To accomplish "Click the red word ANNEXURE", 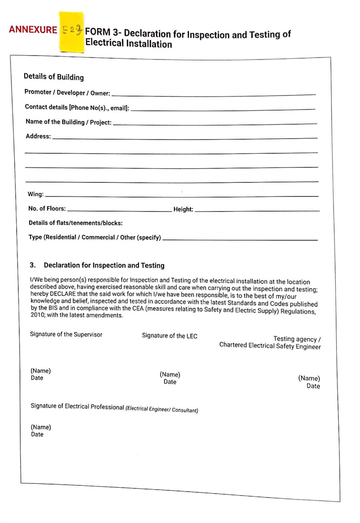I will tap(33, 30).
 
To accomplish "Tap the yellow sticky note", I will tap(71, 32).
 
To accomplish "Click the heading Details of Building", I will tap(53, 77).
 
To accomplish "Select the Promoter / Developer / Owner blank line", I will tap(213, 94).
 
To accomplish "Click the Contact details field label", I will tap(77, 107).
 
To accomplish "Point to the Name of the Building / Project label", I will tap(68, 122).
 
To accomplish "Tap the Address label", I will tap(38, 136).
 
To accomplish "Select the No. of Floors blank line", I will tap(119, 210).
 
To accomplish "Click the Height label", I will tap(183, 209).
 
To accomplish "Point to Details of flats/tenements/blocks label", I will tap(75, 223).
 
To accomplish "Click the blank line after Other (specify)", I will tap(240, 240).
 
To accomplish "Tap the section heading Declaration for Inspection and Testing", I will tap(104, 265).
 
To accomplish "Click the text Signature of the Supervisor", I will tap(66, 334).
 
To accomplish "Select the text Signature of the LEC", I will tap(170, 336).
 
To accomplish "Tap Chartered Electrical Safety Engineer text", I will tap(270, 346).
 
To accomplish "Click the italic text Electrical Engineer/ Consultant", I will tap(162, 409).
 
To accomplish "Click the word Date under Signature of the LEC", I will tap(170, 382).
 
